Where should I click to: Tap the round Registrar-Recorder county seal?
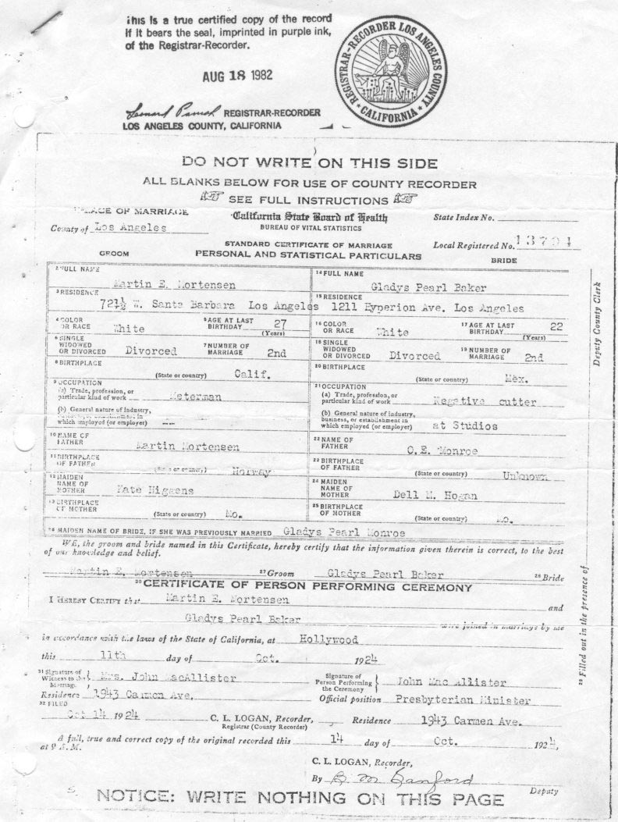pyautogui.click(x=385, y=72)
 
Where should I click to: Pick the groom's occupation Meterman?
pyautogui.click(x=196, y=396)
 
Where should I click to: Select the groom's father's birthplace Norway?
pyautogui.click(x=250, y=471)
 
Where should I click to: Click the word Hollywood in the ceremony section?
pyautogui.click(x=329, y=639)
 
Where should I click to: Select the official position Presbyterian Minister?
pyautogui.click(x=463, y=699)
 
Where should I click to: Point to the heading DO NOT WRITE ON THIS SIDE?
pyautogui.click(x=309, y=162)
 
